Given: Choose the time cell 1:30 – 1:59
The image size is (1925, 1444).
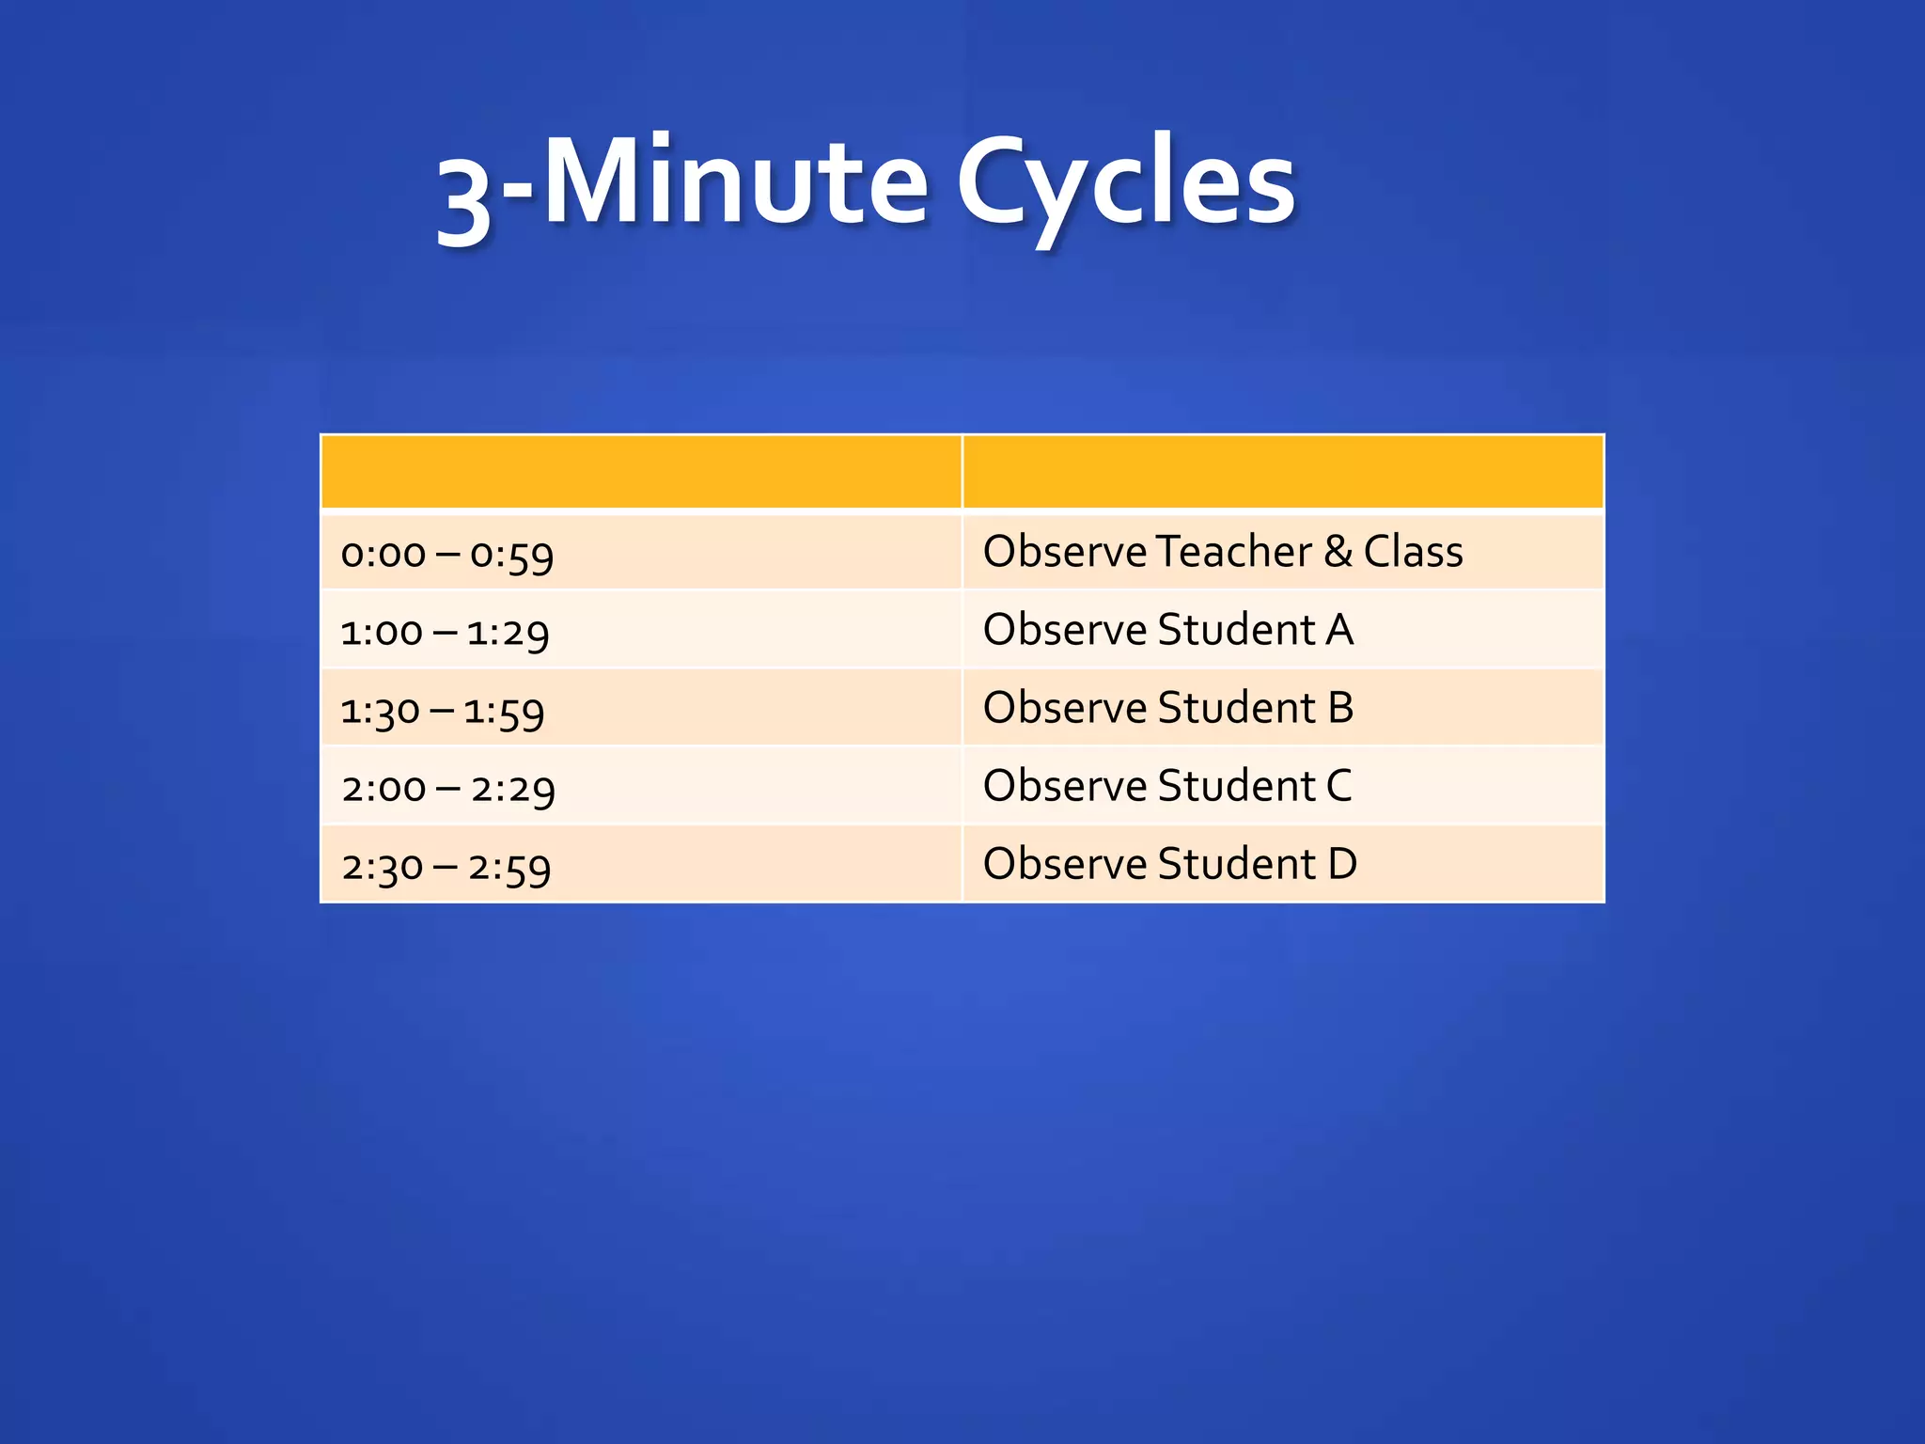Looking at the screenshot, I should click(x=443, y=711).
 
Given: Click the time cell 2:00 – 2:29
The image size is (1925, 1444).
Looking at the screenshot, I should click(x=448, y=789).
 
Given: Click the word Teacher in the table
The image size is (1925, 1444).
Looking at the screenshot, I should click(x=1233, y=552).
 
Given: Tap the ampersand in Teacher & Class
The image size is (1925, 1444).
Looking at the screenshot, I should click(x=1338, y=552).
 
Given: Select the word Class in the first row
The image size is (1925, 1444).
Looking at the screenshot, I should click(x=1413, y=552).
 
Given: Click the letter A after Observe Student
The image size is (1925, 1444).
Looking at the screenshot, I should click(x=1339, y=630).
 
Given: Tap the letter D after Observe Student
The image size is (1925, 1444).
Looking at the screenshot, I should click(x=1342, y=864).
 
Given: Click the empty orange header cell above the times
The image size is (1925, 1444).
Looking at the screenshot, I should click(x=641, y=472).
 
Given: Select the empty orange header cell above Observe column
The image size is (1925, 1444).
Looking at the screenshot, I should click(x=1283, y=472).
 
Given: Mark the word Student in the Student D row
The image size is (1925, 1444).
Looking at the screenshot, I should click(x=1236, y=864).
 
